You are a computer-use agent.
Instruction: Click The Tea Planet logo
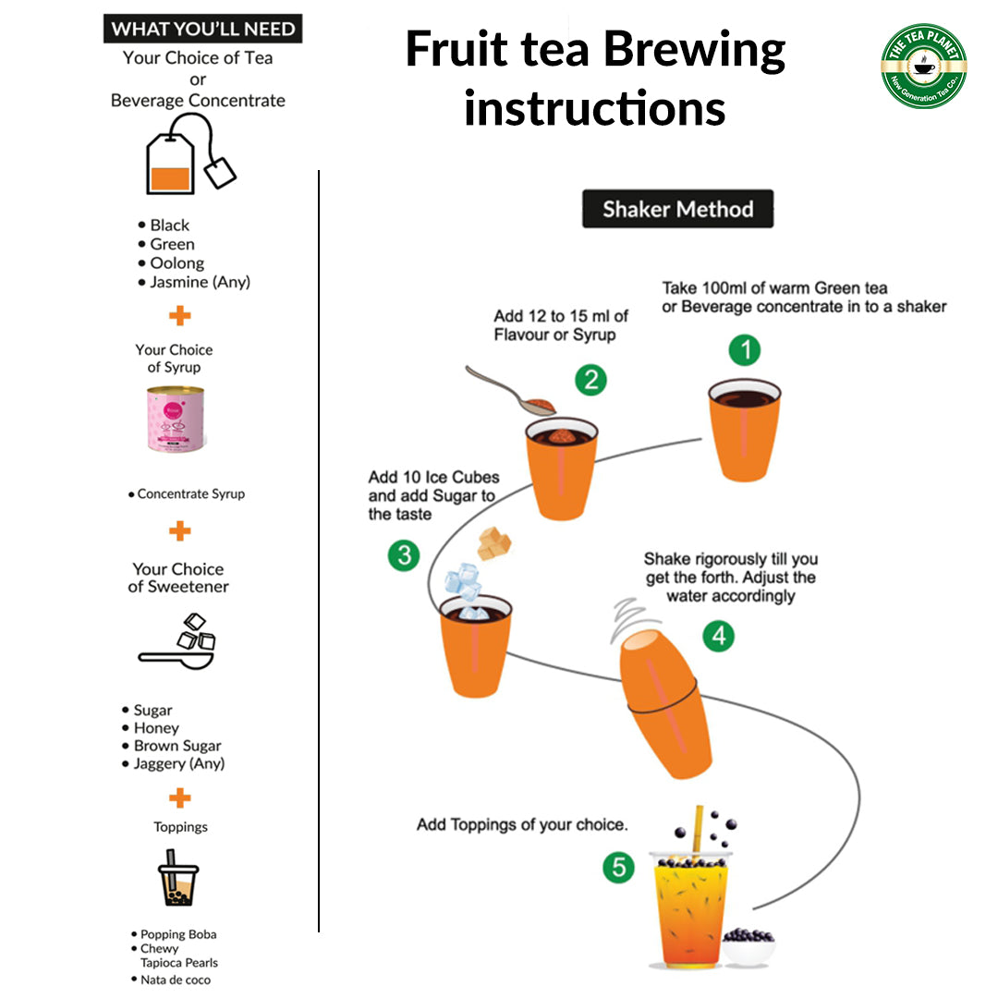pyautogui.click(x=923, y=66)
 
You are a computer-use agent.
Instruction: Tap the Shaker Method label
pyautogui.click(x=677, y=210)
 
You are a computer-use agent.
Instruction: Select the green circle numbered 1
pyautogui.click(x=744, y=350)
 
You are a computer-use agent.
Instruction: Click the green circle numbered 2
pyautogui.click(x=590, y=379)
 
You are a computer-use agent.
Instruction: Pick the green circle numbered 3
pyautogui.click(x=403, y=555)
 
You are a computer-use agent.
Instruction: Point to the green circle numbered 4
pyautogui.click(x=718, y=636)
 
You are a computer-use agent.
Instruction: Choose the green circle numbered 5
pyautogui.click(x=618, y=867)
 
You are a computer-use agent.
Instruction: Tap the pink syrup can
pyautogui.click(x=176, y=420)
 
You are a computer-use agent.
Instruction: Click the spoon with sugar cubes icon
pyautogui.click(x=178, y=641)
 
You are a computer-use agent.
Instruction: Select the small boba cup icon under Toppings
pyautogui.click(x=177, y=879)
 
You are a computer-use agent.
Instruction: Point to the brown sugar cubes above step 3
pyautogui.click(x=493, y=542)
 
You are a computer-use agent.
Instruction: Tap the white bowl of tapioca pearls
pyautogui.click(x=747, y=946)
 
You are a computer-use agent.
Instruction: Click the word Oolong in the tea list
pyautogui.click(x=176, y=263)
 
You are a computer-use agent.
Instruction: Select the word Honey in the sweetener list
pyautogui.click(x=156, y=728)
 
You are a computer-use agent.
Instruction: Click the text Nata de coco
pyautogui.click(x=176, y=980)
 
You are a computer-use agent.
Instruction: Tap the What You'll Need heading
pyautogui.click(x=202, y=29)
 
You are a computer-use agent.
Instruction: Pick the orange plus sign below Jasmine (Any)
pyautogui.click(x=180, y=316)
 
